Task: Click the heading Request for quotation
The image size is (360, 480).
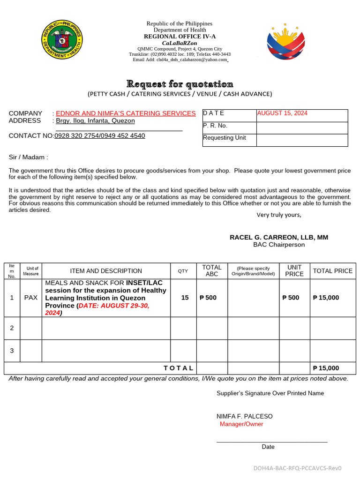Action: tap(180, 84)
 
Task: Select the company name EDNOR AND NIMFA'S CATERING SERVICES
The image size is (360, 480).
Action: tap(126, 113)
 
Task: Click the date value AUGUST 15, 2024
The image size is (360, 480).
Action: tap(282, 113)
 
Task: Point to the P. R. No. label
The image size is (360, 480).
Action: tap(215, 126)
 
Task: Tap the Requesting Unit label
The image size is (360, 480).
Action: tap(224, 138)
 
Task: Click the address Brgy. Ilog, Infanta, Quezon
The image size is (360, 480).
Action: tap(96, 121)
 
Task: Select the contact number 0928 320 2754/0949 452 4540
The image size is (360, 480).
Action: tap(100, 136)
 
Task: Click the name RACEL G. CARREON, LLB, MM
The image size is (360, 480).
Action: tap(279, 238)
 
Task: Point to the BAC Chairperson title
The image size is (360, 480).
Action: tap(279, 245)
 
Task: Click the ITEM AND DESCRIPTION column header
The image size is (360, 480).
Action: tap(106, 271)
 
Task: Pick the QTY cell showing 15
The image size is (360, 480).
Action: tap(185, 298)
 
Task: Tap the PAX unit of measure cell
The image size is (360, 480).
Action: tap(31, 298)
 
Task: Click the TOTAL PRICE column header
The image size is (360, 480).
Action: tap(332, 271)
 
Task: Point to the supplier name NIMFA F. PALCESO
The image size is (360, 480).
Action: tap(244, 416)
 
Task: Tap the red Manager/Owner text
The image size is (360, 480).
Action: tap(241, 424)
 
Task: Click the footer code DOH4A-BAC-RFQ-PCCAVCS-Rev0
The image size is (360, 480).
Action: tap(298, 468)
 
